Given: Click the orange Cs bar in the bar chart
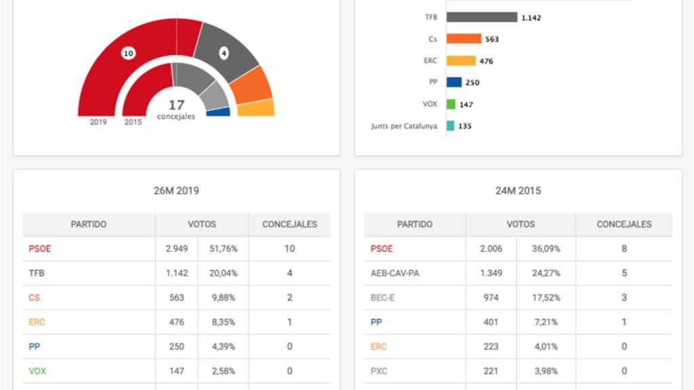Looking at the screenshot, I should click(x=464, y=39).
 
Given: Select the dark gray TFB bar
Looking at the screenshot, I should click(x=481, y=18).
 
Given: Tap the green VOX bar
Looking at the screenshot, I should click(x=451, y=104).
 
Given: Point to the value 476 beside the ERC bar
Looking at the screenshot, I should click(x=486, y=61).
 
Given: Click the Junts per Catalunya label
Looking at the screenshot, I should click(x=404, y=126).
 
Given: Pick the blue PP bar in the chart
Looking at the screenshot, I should click(x=454, y=83).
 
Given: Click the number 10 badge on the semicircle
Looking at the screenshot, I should click(x=127, y=53).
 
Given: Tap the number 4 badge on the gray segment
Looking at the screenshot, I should click(x=224, y=53).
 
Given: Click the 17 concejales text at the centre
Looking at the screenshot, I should click(x=176, y=109).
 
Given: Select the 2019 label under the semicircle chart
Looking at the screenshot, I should click(x=98, y=123).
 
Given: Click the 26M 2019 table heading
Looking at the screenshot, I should click(x=176, y=191).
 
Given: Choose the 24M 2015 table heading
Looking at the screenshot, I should click(x=518, y=191).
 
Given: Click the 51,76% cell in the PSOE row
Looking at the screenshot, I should click(x=223, y=248).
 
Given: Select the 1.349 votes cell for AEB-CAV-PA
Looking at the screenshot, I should click(x=491, y=273).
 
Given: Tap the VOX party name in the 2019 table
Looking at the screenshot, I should click(x=37, y=371).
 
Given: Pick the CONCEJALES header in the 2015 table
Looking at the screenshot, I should click(x=624, y=224).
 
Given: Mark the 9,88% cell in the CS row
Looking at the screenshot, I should click(x=223, y=297).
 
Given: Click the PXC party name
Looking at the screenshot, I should click(x=380, y=371).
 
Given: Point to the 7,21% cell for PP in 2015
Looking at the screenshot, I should click(x=546, y=322).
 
